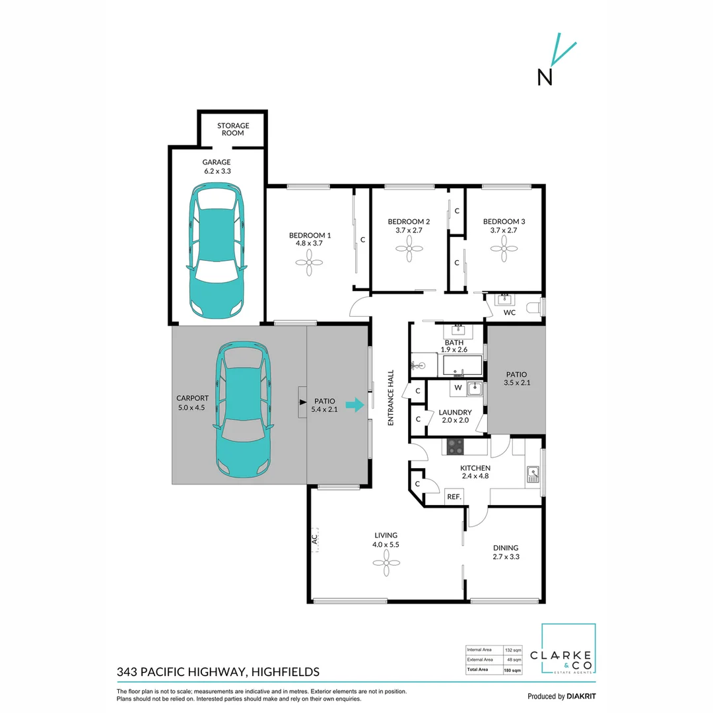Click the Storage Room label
(234, 129)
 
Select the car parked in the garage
(217, 251)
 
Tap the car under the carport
(243, 409)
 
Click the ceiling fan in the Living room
(386, 562)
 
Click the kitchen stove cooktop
(456, 447)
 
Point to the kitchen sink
(532, 474)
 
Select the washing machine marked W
(457, 388)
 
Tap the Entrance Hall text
(391, 397)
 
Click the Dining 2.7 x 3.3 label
(505, 552)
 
